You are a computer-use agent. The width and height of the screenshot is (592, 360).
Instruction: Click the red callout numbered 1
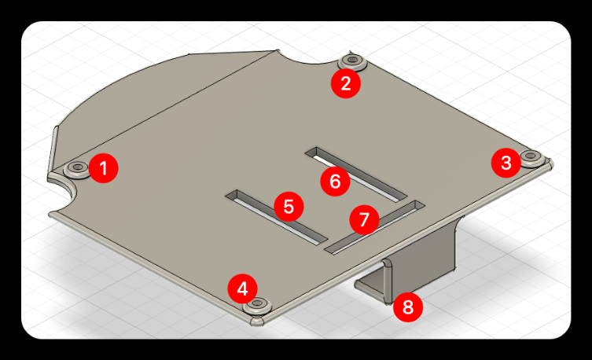pyautogui.click(x=103, y=168)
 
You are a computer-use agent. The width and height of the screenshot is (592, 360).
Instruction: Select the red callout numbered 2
pyautogui.click(x=345, y=83)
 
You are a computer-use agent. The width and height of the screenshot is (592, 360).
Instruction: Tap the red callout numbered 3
pyautogui.click(x=506, y=163)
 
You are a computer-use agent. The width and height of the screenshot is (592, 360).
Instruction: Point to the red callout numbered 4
pyautogui.click(x=242, y=289)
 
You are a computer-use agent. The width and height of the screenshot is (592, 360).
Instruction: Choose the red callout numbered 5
pyautogui.click(x=289, y=207)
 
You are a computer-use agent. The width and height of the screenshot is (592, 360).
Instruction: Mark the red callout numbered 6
pyautogui.click(x=335, y=181)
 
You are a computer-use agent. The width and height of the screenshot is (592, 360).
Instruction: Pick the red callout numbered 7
pyautogui.click(x=364, y=219)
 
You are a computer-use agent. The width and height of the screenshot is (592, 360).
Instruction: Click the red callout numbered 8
pyautogui.click(x=408, y=307)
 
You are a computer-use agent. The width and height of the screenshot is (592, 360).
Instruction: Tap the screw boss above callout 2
pyautogui.click(x=353, y=61)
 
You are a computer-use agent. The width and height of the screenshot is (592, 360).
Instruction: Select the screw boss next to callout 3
pyautogui.click(x=532, y=157)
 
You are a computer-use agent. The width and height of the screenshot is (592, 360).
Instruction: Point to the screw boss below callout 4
pyautogui.click(x=258, y=304)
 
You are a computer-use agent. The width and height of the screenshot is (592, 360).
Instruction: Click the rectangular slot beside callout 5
pyautogui.click(x=276, y=215)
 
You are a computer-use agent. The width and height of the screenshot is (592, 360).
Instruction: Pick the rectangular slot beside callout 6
pyautogui.click(x=356, y=174)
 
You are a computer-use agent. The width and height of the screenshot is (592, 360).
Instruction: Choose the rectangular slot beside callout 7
pyautogui.click(x=374, y=227)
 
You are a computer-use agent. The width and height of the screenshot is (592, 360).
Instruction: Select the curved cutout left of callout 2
pyautogui.click(x=307, y=58)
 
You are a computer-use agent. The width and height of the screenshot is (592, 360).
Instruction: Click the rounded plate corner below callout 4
pyautogui.click(x=258, y=321)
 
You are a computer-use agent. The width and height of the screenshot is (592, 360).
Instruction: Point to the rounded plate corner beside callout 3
pyautogui.click(x=550, y=163)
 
